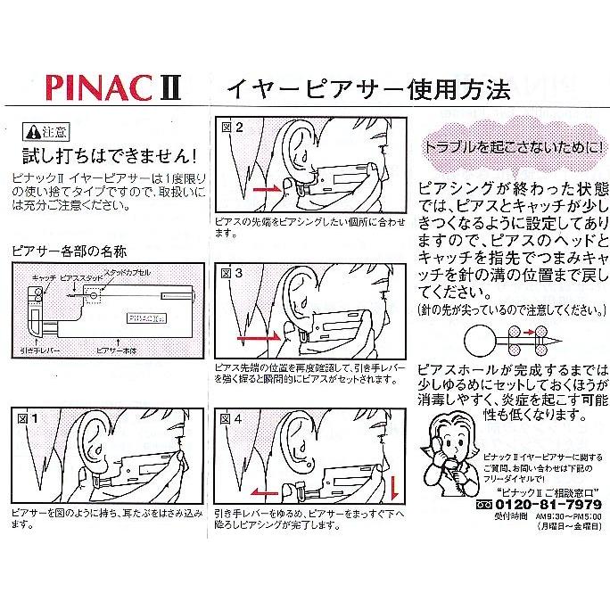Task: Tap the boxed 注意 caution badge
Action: click(47, 131)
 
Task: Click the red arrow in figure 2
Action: click(266, 191)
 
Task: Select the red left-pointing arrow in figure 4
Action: click(266, 491)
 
